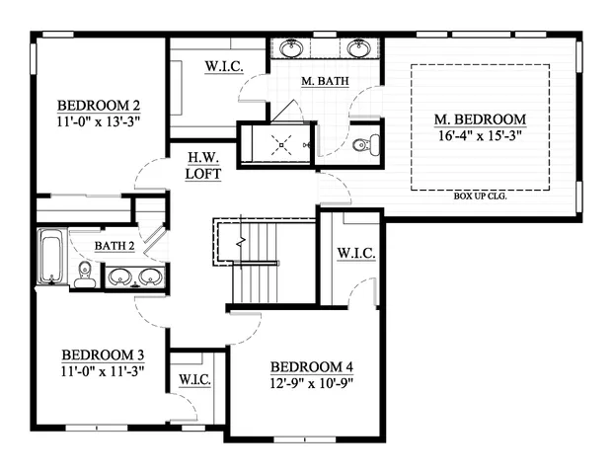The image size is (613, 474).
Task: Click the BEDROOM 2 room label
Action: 98,106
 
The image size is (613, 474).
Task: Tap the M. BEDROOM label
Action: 480,119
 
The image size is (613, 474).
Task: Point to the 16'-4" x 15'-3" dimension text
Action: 480,135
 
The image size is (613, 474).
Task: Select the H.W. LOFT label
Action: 201,165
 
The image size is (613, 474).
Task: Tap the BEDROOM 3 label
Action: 103,355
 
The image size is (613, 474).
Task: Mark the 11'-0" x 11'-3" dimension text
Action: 103,371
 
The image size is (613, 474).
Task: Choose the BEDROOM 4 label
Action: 311,367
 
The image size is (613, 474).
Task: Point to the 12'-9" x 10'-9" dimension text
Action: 311,383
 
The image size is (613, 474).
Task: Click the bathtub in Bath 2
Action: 51,257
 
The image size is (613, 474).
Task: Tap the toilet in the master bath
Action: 362,146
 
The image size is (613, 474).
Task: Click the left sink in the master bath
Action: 293,48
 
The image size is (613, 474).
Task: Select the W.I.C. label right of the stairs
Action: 354,254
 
